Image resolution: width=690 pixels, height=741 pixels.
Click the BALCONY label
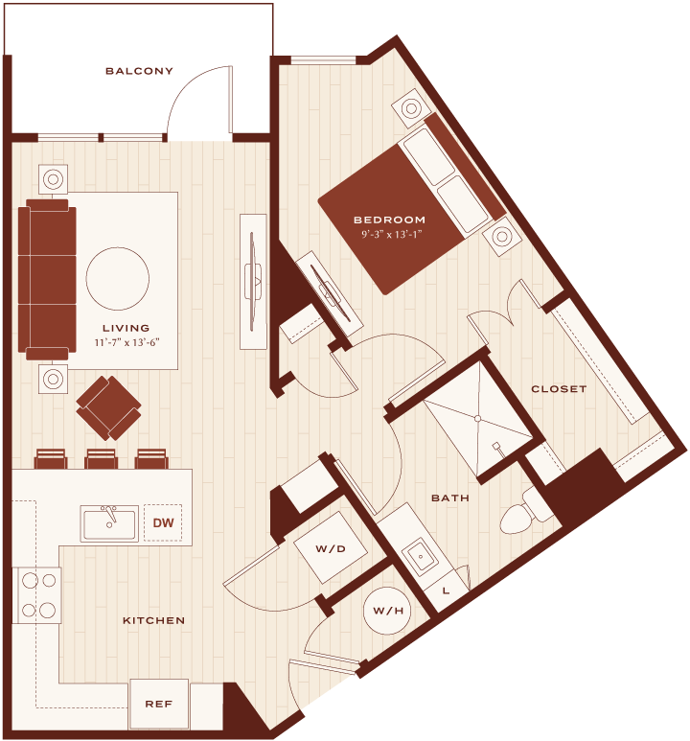[x=139, y=71]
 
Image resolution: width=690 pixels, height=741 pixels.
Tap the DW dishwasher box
[x=163, y=522]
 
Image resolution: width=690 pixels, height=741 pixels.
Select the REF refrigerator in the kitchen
[x=159, y=705]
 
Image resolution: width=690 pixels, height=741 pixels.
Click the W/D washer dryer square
[x=331, y=548]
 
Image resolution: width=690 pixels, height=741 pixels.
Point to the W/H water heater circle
[x=387, y=611]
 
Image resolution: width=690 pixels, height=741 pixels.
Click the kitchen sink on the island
[x=109, y=523]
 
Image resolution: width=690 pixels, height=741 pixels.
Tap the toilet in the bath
[x=524, y=513]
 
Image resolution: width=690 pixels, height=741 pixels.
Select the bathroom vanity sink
[x=420, y=556]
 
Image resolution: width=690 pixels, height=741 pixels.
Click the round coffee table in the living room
[x=118, y=278]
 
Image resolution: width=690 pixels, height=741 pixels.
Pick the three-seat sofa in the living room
[x=47, y=279]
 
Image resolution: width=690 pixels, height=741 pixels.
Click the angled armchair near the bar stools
[x=108, y=407]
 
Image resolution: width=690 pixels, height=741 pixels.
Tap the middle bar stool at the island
[x=102, y=459]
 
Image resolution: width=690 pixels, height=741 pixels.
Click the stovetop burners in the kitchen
[x=38, y=595]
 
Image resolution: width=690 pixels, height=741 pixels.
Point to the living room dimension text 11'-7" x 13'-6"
[x=126, y=342]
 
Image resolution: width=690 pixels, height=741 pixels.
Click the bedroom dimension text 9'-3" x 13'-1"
[x=391, y=235]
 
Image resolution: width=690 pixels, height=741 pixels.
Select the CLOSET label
[x=559, y=389]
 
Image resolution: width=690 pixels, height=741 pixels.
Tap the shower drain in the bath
[x=477, y=419]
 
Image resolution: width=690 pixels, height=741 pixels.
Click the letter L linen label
[x=446, y=590]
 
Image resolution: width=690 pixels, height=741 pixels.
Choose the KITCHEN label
[x=153, y=620]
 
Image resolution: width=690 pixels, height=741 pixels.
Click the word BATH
[x=449, y=498]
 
